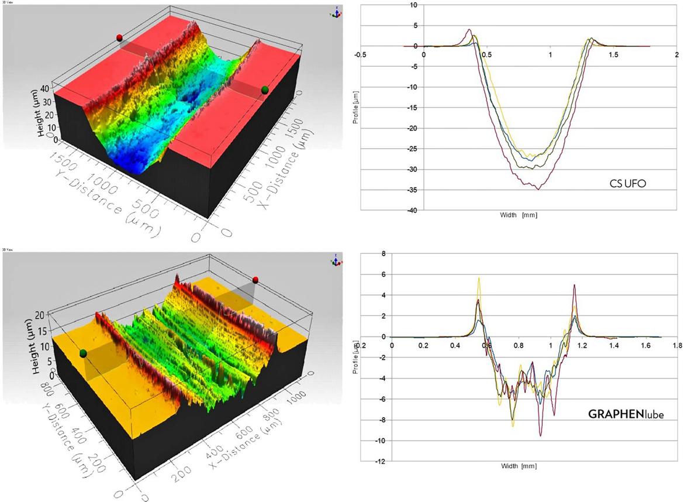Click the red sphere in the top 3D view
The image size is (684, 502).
pos(119,37)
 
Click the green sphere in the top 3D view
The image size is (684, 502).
pos(265,90)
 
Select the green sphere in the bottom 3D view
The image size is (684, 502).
pos(84,353)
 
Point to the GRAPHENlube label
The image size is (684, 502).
pos(621,414)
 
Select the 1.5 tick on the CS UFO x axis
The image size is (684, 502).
pos(613,54)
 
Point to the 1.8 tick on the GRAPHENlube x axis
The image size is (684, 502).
pos(677,345)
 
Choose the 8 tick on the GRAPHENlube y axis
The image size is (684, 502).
pos(384,253)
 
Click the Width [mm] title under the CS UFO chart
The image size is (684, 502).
pos(517,215)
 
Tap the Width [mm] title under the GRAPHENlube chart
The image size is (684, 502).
pos(517,467)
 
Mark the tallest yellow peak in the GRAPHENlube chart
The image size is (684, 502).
pos(479,278)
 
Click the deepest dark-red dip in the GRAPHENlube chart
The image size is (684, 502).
pos(541,436)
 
